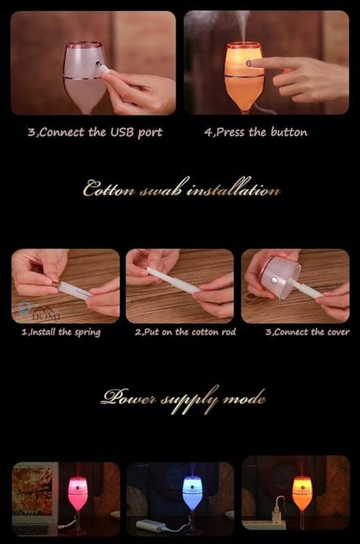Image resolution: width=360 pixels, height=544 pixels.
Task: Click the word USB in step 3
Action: point(122,132)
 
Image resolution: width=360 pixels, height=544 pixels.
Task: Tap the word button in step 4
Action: point(289,132)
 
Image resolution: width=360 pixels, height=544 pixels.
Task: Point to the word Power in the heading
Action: point(129,396)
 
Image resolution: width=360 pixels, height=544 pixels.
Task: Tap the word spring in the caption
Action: point(88,333)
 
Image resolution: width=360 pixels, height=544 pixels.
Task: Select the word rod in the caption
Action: point(229,332)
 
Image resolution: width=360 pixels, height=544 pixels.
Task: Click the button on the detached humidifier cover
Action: point(274,279)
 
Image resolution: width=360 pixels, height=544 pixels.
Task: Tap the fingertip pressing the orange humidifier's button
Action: point(252,63)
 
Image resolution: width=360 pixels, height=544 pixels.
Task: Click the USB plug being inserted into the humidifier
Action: point(103,67)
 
